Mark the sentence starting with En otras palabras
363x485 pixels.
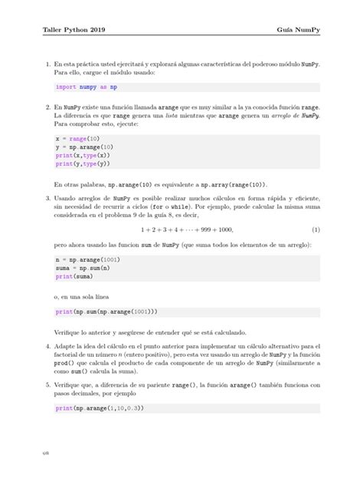(161, 184)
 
